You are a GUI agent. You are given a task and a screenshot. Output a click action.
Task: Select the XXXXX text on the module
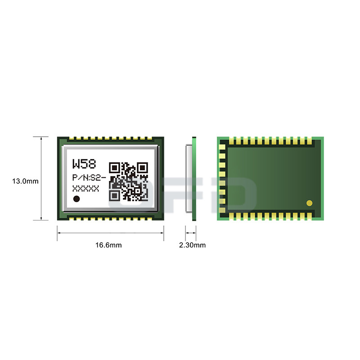click(x=85, y=189)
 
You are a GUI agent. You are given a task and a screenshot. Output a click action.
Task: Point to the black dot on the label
click(x=77, y=199)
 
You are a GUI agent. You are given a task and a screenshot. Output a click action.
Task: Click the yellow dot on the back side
click(x=309, y=203)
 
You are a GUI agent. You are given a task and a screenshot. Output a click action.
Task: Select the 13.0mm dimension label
click(x=25, y=181)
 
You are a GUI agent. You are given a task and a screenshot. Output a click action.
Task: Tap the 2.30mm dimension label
click(x=192, y=245)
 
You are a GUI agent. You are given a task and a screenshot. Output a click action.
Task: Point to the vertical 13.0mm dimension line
click(x=41, y=189)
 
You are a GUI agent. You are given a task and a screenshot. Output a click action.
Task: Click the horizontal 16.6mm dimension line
click(x=110, y=233)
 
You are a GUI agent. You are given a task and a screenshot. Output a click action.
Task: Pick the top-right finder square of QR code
click(x=143, y=168)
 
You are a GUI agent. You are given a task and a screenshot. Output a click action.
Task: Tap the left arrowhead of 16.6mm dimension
click(x=59, y=233)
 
